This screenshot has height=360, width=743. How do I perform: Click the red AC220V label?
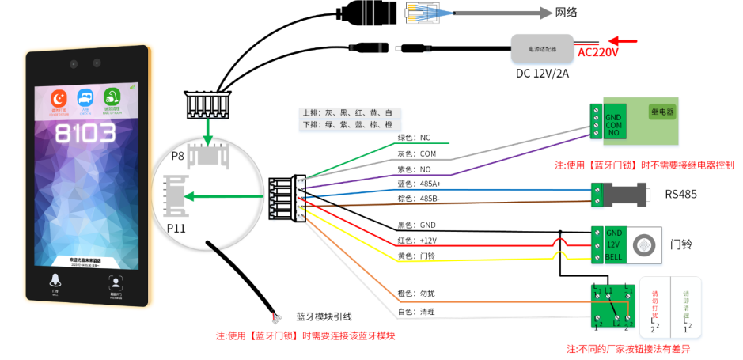[x=598, y=52]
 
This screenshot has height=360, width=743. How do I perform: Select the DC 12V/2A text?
[x=542, y=74]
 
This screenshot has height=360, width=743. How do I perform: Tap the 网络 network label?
[x=567, y=12]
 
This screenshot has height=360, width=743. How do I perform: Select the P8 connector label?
[x=177, y=158]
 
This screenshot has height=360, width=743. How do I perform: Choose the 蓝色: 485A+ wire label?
[x=419, y=184]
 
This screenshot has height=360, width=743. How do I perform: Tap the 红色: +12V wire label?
[x=417, y=240]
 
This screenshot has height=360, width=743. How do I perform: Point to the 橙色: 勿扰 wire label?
[x=415, y=294]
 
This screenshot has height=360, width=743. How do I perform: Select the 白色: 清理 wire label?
[x=415, y=311]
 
